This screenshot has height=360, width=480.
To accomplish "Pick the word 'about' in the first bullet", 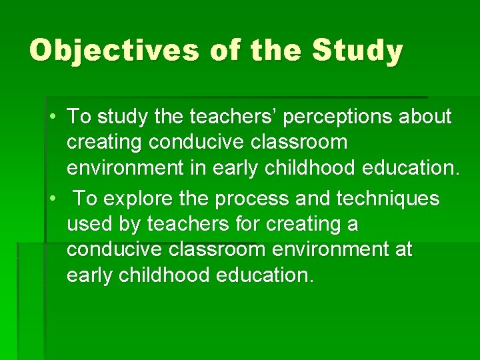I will pyautogui.click(x=427, y=117).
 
